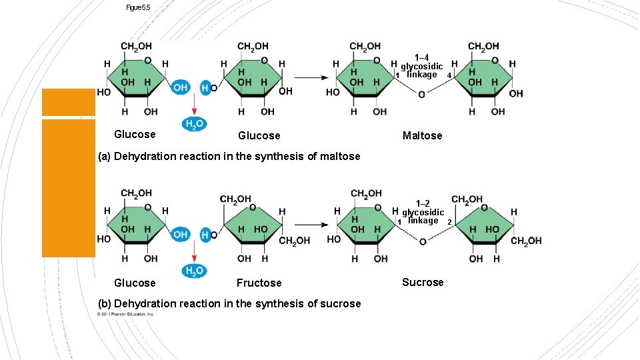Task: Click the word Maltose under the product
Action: tap(422, 136)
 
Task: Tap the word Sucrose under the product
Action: tap(423, 283)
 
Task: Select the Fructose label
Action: tap(259, 283)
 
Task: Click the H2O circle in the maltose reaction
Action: tap(194, 124)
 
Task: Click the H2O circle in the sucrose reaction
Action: tap(194, 271)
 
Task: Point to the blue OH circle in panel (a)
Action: tap(180, 87)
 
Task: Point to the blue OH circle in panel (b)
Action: tap(180, 234)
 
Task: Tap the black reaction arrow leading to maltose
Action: tap(310, 78)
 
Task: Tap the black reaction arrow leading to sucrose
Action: tap(310, 225)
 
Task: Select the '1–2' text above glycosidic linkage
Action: tap(423, 203)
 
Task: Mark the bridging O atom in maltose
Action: tap(421, 95)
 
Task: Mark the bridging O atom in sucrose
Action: tap(422, 241)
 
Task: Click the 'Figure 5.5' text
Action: tap(138, 7)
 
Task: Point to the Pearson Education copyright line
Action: tap(126, 313)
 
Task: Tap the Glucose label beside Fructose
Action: tap(135, 283)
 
